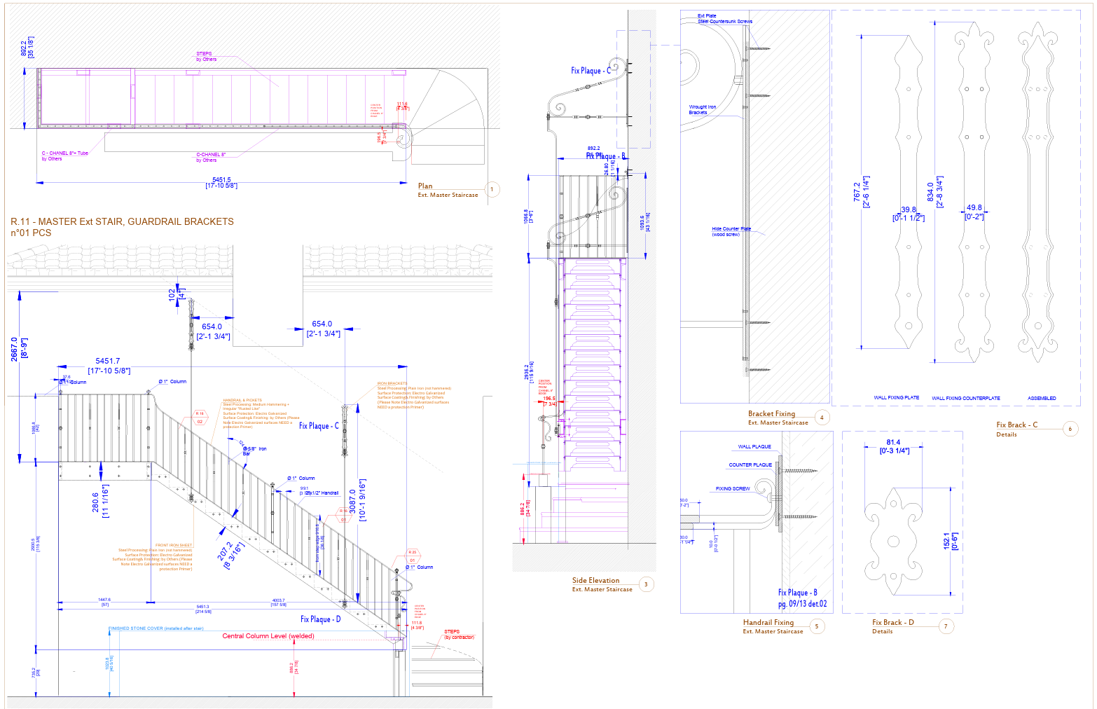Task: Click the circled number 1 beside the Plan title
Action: pos(492,189)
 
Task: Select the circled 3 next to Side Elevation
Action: pos(646,584)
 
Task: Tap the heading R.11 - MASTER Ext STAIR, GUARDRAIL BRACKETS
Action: pos(122,221)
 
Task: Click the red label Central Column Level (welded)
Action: pos(268,636)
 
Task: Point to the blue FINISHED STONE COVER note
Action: pos(156,628)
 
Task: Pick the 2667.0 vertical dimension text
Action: pos(14,348)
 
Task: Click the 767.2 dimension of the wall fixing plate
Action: pos(857,192)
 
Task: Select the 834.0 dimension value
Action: pos(930,192)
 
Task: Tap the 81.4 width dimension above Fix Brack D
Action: pos(893,442)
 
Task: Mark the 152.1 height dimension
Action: pos(947,541)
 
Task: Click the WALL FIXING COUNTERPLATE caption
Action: pos(965,398)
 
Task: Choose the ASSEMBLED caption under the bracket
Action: pos(1042,398)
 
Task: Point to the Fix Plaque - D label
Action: pos(320,619)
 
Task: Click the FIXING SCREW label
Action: pos(733,488)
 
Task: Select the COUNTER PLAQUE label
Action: pos(750,464)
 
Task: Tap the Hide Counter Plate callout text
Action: pos(731,229)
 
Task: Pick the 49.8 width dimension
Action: pos(974,207)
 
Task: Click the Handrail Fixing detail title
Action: pos(768,622)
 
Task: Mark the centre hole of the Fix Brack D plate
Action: pos(894,541)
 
